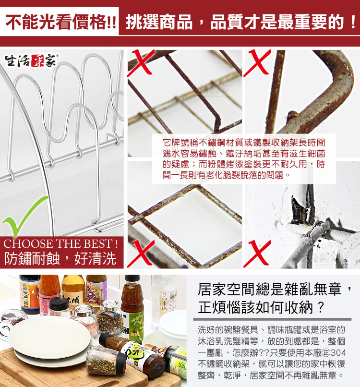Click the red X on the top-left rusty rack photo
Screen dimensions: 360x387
click(141, 63)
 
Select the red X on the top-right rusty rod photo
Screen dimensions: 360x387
click(257, 63)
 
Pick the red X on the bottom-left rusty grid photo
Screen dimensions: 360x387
click(141, 254)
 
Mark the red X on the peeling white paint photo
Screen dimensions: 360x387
click(257, 254)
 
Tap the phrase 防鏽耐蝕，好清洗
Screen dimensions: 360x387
click(60, 259)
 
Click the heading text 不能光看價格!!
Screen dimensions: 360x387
click(60, 22)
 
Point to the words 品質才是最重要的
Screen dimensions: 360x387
click(277, 22)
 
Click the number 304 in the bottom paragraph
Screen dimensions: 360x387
click(338, 353)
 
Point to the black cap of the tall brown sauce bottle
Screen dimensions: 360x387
click(132, 279)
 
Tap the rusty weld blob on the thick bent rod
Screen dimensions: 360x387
click(293, 114)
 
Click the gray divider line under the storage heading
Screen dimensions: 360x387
click(272, 319)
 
